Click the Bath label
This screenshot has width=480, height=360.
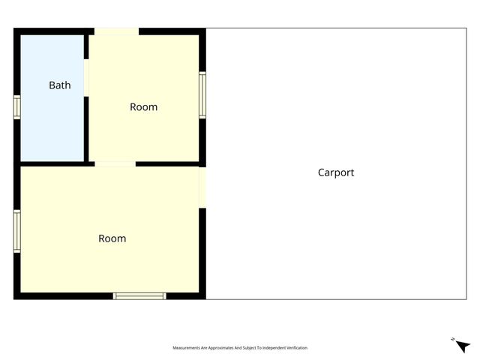point(60,85)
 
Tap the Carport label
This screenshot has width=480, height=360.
point(336,172)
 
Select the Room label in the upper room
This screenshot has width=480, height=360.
point(143,106)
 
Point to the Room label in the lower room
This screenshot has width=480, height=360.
point(112,238)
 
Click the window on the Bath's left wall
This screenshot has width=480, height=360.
point(16,106)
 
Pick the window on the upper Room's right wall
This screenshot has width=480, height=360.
point(202,94)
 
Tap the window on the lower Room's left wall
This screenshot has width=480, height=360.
point(16,231)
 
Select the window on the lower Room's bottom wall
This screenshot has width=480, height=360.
point(139,296)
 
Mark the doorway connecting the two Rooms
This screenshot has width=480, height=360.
point(115,163)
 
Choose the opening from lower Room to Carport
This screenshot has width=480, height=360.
point(202,187)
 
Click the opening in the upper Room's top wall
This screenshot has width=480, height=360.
point(116,31)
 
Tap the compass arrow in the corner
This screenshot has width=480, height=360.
point(463,345)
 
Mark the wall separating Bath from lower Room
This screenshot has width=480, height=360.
point(52,163)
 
